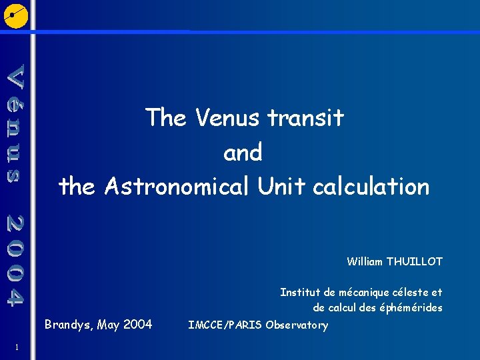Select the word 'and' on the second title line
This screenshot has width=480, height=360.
click(x=243, y=153)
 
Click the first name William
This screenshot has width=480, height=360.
click(x=365, y=261)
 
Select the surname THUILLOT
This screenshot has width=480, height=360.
click(x=414, y=261)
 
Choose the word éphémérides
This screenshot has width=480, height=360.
click(x=412, y=308)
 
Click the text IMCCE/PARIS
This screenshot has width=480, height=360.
click(x=225, y=325)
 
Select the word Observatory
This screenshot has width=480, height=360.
click(x=297, y=325)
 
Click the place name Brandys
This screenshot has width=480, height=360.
click(x=69, y=325)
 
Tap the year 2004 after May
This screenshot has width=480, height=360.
click(x=137, y=325)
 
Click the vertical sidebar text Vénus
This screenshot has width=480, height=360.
click(x=17, y=123)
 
